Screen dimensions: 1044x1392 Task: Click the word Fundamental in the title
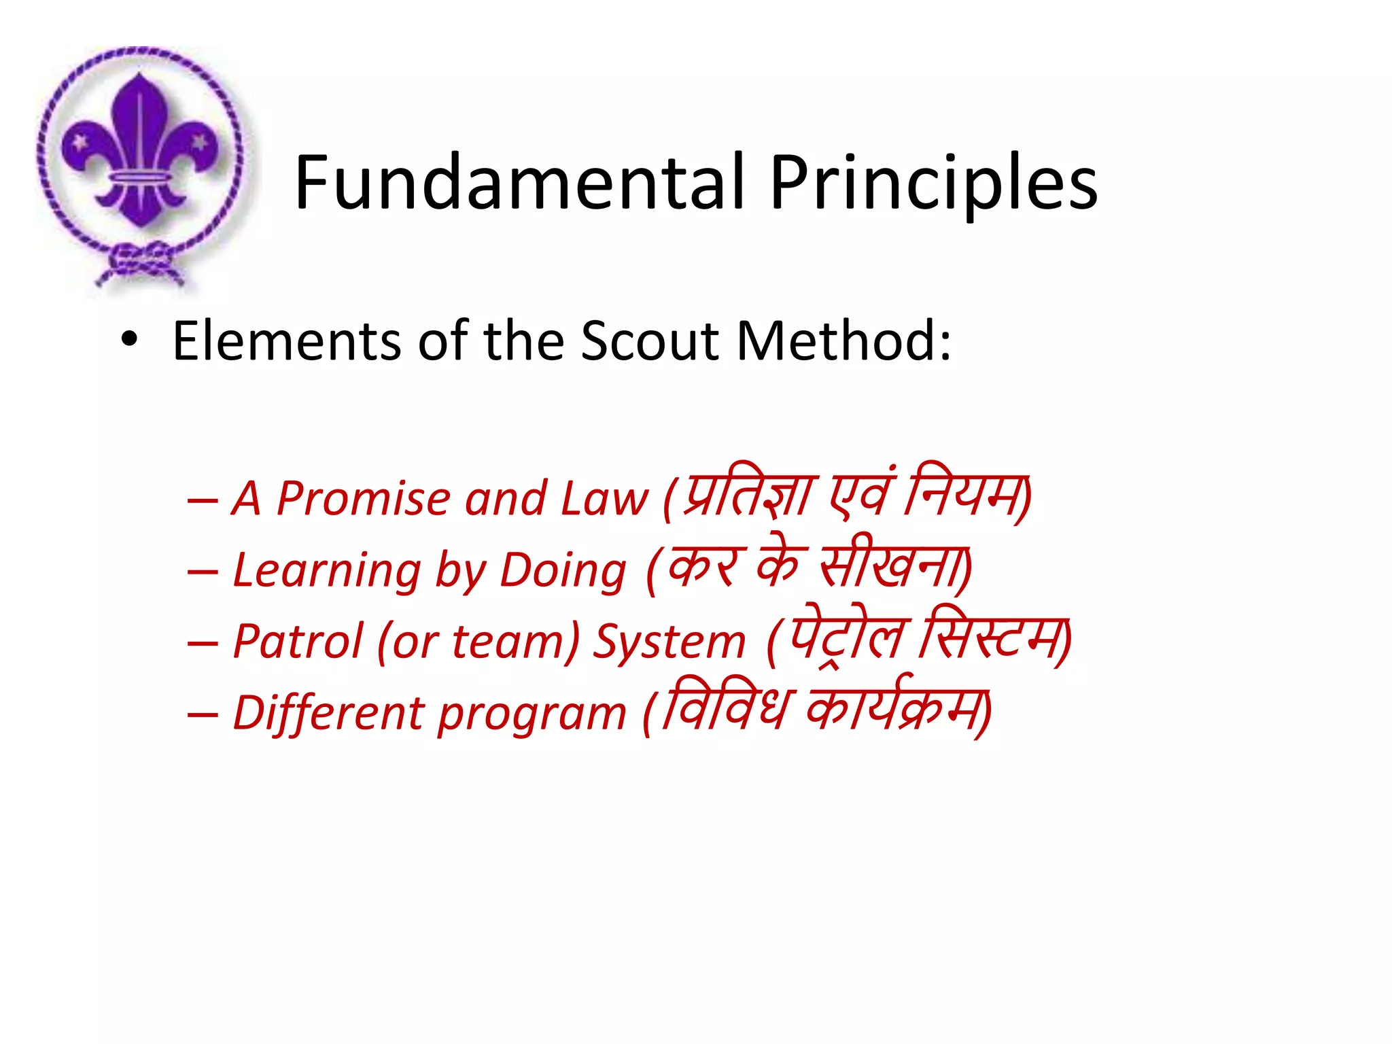520,182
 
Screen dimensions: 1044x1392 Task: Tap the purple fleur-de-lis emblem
139,153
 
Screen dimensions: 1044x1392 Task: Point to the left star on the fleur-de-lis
80,143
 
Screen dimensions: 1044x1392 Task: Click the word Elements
286,341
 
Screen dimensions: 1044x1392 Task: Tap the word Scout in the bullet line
650,341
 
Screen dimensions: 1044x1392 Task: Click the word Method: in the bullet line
843,341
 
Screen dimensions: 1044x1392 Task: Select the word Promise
364,499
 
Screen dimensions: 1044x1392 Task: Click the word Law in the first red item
604,499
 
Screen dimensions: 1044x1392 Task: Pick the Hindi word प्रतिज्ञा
748,493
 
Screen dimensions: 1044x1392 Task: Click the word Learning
326,571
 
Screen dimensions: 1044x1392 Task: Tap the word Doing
563,571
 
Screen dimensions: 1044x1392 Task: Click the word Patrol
298,642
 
